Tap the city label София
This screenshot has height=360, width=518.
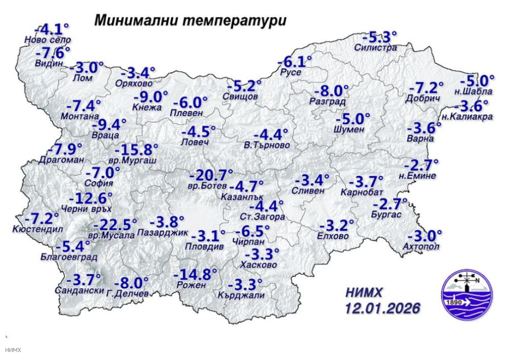point(102,183)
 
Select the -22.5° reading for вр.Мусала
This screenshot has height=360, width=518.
point(115,224)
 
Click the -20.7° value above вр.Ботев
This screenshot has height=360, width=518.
point(211,175)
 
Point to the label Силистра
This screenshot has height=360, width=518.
point(375,47)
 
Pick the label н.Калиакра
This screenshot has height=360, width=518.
point(467,117)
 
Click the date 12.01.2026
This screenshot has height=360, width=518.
point(382,308)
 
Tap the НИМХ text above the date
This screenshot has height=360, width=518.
point(364,293)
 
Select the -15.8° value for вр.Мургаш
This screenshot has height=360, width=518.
point(136,150)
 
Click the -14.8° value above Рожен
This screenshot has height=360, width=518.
point(195,274)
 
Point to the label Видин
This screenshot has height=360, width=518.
point(49,64)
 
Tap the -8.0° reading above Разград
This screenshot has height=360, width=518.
point(331,90)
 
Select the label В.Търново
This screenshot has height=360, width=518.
point(267,145)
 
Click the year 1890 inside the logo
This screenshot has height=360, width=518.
point(455,302)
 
